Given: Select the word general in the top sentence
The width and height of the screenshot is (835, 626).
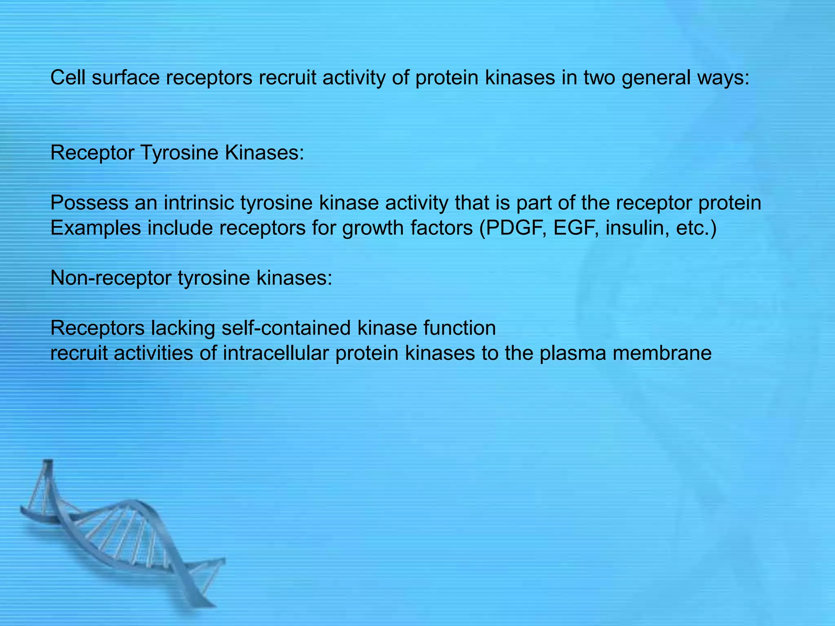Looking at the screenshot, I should [x=656, y=78].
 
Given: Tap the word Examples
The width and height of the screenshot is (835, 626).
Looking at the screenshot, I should [x=95, y=228].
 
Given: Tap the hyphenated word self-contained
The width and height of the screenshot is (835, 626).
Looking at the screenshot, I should [x=286, y=328].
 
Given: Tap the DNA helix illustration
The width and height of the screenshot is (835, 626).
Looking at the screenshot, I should [x=122, y=538].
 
